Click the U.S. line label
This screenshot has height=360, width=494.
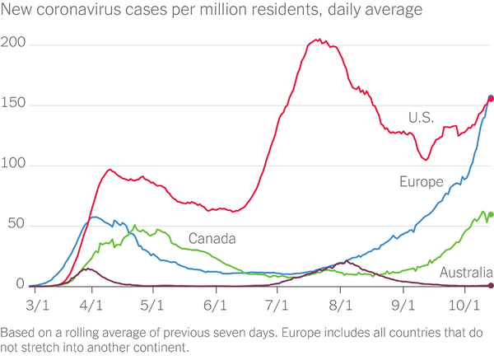421,117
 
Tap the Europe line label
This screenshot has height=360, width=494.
422,182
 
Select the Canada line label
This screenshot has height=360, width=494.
212,239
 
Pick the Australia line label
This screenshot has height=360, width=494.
466,273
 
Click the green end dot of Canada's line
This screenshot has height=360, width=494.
491,215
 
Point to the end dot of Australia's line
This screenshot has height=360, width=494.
491,285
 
